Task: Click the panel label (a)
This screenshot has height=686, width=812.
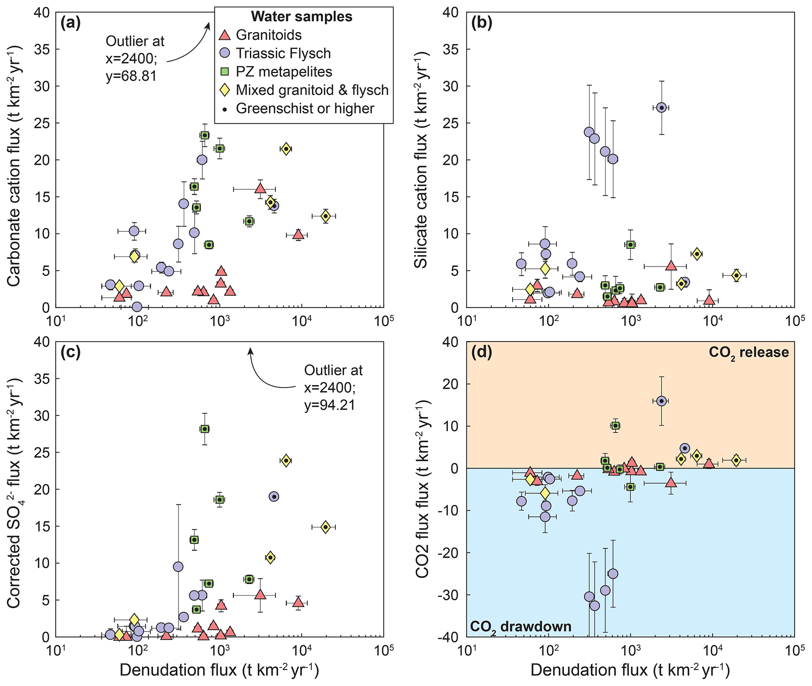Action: pos(70,24)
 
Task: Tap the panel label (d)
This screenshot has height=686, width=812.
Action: pos(481,352)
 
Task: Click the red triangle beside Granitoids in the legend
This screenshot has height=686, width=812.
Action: pos(224,35)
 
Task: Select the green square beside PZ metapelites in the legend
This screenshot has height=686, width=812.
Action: pos(224,72)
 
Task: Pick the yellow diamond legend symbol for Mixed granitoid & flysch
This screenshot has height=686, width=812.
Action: pos(224,90)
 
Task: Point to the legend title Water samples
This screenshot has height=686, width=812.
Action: pos(302,17)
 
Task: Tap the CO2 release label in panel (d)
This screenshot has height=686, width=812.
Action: pos(748,352)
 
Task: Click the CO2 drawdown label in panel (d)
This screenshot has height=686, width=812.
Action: pos(521,626)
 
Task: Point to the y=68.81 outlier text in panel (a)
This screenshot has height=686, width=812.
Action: pos(131,75)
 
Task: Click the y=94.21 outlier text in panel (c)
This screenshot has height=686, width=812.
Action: pos(330,405)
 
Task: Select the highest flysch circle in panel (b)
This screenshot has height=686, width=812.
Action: pos(662,108)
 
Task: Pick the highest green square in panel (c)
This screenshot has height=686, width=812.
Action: pos(205,429)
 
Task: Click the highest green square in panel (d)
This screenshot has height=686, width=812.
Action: pos(616,426)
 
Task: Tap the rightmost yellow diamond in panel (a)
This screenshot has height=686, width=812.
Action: pos(325,216)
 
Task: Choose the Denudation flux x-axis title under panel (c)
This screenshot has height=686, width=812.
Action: pos(219,670)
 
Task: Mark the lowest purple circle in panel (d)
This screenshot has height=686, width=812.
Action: pos(595,605)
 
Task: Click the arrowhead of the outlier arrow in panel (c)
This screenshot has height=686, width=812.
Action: pos(249,350)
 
